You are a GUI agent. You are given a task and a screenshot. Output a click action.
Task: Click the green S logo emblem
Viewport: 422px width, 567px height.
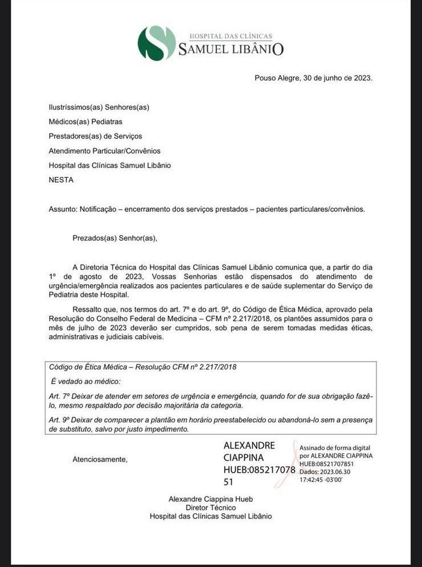coord(156,43)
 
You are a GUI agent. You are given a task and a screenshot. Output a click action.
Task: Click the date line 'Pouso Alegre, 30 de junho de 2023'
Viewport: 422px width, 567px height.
coord(313,78)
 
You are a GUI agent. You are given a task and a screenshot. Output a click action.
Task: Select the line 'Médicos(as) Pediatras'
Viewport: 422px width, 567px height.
coord(86,121)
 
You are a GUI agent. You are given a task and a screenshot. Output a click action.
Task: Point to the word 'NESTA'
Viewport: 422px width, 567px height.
coord(61,180)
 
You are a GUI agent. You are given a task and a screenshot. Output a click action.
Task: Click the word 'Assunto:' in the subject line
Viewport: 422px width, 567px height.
coord(63,209)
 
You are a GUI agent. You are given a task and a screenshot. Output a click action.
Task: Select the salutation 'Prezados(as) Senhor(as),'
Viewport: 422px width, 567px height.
coord(115,238)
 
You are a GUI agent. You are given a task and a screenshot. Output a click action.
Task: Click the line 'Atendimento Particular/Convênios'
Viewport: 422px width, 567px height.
coord(105,151)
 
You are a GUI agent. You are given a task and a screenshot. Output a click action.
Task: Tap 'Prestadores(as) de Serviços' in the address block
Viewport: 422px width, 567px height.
coord(95,136)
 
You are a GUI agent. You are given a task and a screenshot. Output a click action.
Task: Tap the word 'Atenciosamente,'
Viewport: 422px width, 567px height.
coord(100,459)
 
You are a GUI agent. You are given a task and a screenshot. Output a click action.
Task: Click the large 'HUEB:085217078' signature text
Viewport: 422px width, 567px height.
coord(259,470)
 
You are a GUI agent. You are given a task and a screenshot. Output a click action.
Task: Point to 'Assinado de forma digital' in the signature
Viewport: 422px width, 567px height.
coord(336,448)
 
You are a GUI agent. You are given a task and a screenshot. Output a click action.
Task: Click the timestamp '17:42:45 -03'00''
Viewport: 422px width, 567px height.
coord(321,479)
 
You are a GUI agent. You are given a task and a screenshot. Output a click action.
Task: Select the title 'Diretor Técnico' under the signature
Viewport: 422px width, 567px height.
coord(210,507)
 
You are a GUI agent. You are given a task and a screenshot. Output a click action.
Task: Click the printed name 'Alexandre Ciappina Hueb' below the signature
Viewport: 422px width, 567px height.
coord(210,499)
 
